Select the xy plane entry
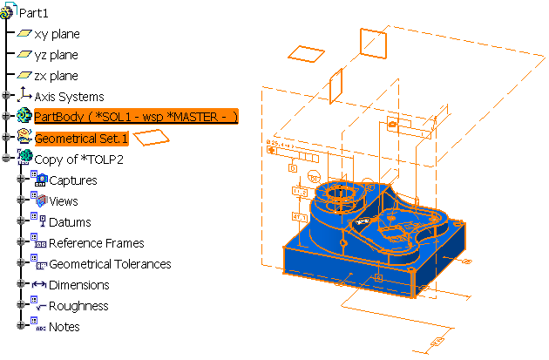57,34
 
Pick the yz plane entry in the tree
57,55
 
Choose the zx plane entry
57,76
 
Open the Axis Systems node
69,97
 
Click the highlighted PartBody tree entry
135,117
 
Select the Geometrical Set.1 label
81,138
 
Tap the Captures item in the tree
73,180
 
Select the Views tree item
64,201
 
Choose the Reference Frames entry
96,243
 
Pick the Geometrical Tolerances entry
110,264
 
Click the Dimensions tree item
78,285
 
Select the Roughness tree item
78,306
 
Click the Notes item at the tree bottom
64,327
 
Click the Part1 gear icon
10,12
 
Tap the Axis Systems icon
24,96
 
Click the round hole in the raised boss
338,192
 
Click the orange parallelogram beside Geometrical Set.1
153,137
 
